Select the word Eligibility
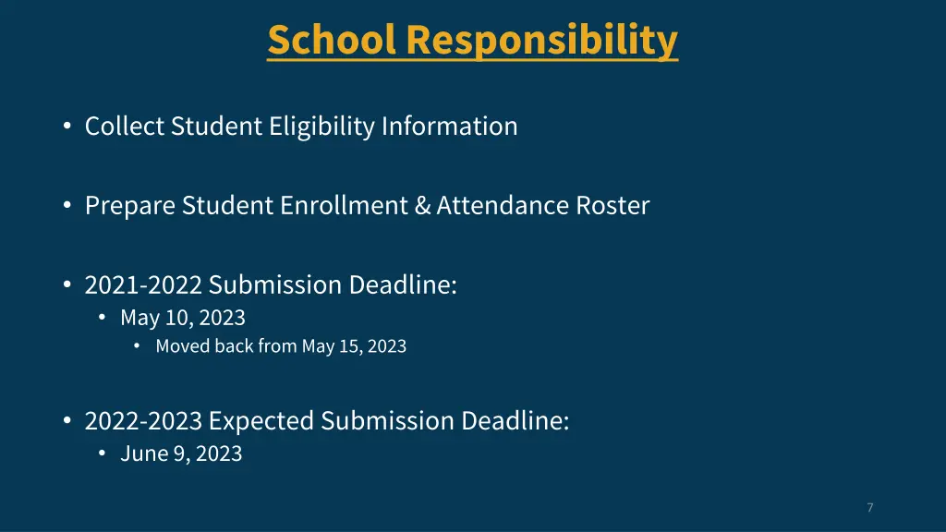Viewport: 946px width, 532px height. pyautogui.click(x=322, y=126)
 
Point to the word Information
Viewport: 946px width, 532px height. pyautogui.click(x=450, y=126)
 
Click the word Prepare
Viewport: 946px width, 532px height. pyautogui.click(x=130, y=205)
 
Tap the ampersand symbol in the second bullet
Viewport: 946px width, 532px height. pyautogui.click(x=423, y=205)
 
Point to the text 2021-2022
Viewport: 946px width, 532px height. pyautogui.click(x=143, y=284)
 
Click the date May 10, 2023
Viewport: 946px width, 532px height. pyautogui.click(x=183, y=318)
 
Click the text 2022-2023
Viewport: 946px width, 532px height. pyautogui.click(x=143, y=421)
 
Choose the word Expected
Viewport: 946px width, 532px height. pyautogui.click(x=261, y=421)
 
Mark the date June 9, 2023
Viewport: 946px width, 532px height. pyautogui.click(x=181, y=453)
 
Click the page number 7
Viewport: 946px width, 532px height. pyautogui.click(x=870, y=507)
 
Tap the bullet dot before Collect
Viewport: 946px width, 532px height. pyautogui.click(x=67, y=127)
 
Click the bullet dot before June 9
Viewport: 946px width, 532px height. pyautogui.click(x=103, y=453)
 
